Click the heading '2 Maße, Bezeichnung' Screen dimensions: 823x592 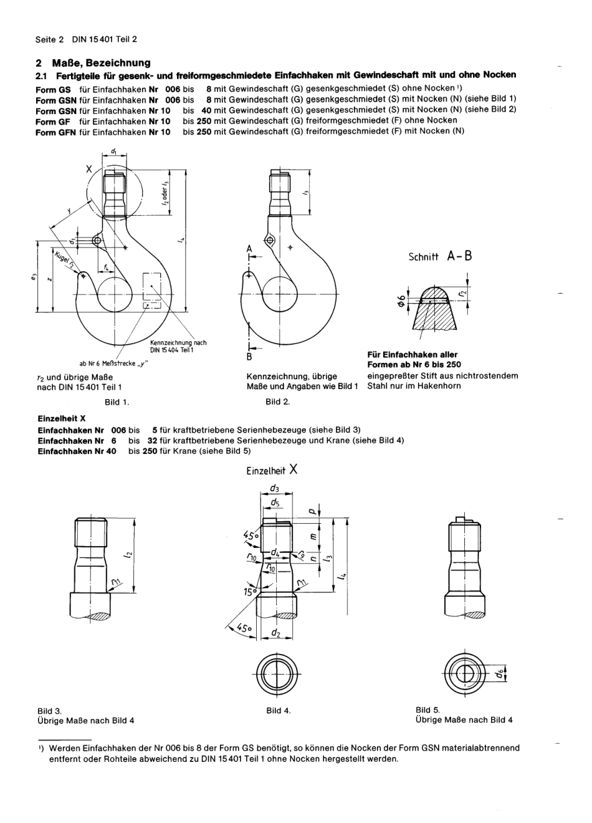click(x=93, y=63)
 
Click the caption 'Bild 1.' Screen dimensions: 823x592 click(x=117, y=402)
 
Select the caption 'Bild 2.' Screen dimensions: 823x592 click(x=277, y=402)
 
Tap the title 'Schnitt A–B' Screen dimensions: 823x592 click(x=440, y=256)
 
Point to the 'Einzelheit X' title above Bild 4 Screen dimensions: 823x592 click(x=272, y=471)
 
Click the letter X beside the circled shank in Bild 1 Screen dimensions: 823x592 click(x=88, y=168)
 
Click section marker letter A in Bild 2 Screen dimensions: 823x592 click(x=249, y=248)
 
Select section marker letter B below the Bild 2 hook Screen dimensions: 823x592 click(x=249, y=357)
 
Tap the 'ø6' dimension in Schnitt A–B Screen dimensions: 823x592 click(x=403, y=301)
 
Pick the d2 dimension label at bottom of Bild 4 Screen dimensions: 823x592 click(x=275, y=633)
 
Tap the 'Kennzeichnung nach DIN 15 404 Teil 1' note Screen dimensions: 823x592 click(x=178, y=346)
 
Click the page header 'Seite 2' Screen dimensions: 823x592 click(x=49, y=39)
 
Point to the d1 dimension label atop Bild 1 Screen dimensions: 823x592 click(x=115, y=151)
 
